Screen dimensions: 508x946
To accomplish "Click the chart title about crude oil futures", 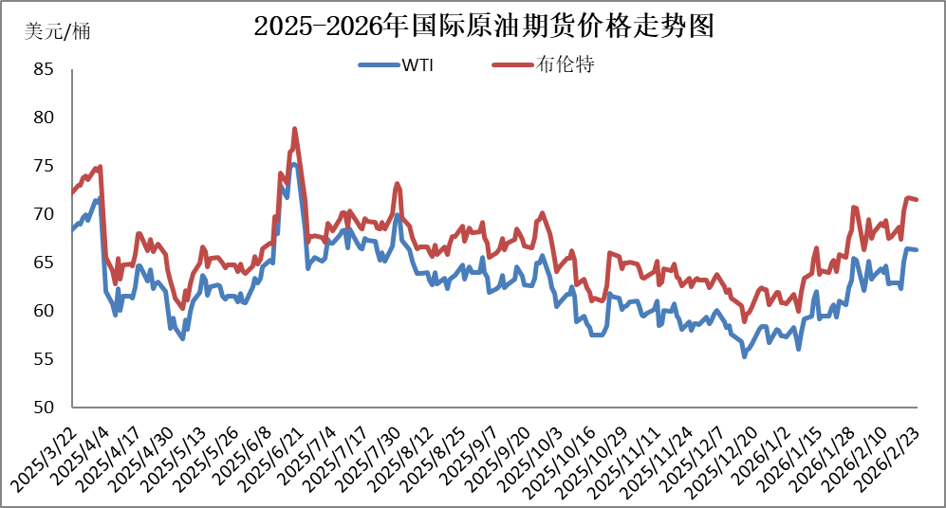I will pos(483,27).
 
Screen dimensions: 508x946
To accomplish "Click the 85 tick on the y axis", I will pos(44,69).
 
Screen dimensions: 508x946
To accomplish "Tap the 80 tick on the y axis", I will pos(44,118).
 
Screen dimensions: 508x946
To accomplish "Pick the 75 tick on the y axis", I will pos(44,166).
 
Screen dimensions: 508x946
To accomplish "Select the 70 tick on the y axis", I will pos(44,214).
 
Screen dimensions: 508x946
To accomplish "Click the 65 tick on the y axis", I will pos(44,263).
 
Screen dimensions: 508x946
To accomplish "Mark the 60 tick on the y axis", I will pos(44,311).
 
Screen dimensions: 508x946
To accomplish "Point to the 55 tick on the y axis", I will pos(44,359).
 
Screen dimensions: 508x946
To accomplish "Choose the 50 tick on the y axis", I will pos(44,408).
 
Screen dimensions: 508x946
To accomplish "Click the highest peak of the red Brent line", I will pos(295,129).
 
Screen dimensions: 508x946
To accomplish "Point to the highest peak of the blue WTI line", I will pos(294,165).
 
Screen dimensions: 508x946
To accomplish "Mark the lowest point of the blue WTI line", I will pos(745,356).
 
